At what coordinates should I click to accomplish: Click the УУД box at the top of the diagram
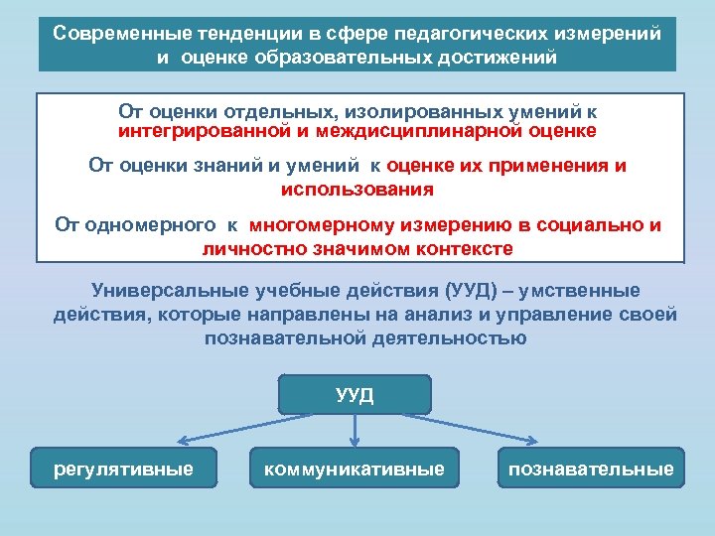355,394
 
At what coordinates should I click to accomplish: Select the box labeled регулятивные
124,469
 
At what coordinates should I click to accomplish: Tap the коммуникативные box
355,469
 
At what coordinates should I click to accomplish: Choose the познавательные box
591,469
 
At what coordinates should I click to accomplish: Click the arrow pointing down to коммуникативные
356,431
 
